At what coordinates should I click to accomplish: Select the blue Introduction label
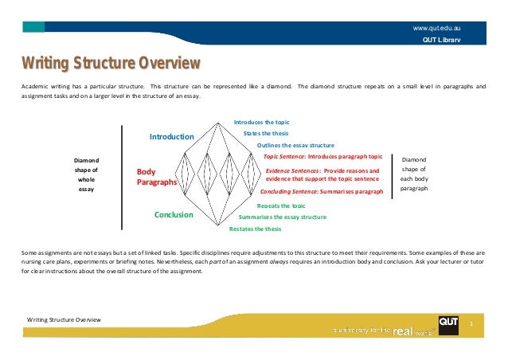(x=171, y=138)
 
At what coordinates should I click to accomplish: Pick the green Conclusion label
(x=174, y=214)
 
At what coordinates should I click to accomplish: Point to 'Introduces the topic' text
(x=261, y=122)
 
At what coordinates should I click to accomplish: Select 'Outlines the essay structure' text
(x=295, y=146)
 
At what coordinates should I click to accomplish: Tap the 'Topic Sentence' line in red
(x=322, y=157)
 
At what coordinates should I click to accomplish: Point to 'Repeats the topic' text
(x=281, y=205)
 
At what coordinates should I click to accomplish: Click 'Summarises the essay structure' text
(x=283, y=217)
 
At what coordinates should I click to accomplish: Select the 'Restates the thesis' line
(x=255, y=229)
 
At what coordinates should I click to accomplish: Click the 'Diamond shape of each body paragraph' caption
(x=414, y=174)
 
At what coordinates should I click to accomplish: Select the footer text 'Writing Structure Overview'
(x=64, y=319)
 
